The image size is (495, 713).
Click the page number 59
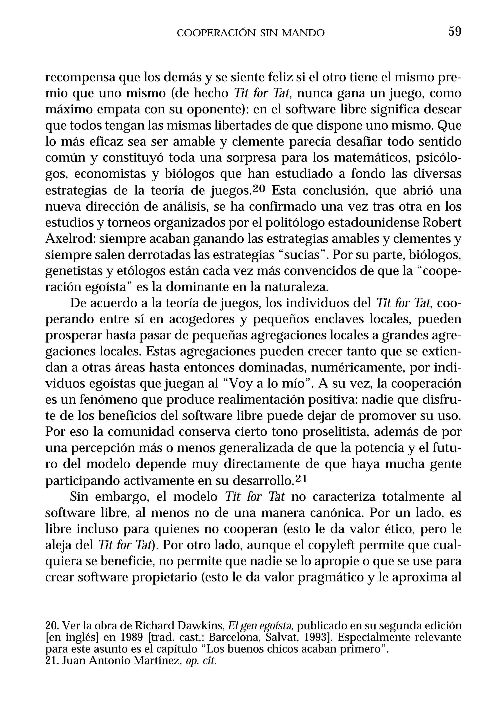tap(455, 32)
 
